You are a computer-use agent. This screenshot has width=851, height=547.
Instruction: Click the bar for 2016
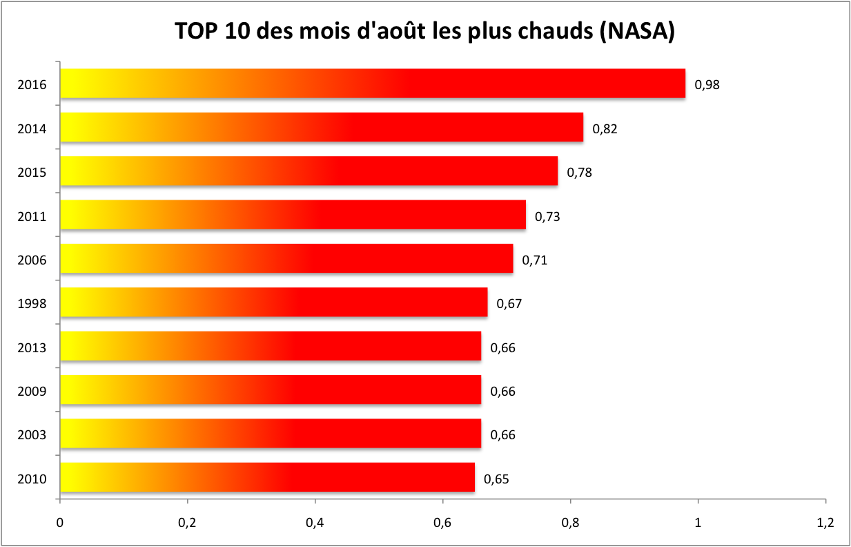[x=373, y=84]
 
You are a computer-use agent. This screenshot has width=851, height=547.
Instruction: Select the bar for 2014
[x=322, y=127]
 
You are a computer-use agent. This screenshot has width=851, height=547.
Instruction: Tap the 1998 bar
[x=274, y=302]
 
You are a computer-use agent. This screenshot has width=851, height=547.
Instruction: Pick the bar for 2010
[x=268, y=477]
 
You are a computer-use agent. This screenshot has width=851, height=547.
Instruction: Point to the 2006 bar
[x=286, y=258]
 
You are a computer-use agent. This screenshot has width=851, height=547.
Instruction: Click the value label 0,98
[x=707, y=85]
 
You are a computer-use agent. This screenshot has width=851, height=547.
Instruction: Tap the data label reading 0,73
[x=547, y=216]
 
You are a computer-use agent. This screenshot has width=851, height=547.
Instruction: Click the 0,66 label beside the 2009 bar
[x=502, y=392]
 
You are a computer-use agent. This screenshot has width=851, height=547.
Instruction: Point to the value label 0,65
[x=496, y=479]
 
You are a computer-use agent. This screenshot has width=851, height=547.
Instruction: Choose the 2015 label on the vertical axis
[x=32, y=173]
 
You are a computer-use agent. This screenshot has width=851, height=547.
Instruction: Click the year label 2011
[x=32, y=217]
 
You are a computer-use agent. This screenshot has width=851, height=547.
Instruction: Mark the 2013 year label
[x=32, y=348]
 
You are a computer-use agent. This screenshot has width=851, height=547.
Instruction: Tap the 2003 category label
[x=32, y=435]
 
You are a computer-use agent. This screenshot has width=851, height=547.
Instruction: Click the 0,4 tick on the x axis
[x=315, y=523]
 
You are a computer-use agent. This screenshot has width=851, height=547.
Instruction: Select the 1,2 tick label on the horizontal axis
[x=825, y=523]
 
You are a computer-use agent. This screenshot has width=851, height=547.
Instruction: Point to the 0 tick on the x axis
[x=60, y=523]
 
